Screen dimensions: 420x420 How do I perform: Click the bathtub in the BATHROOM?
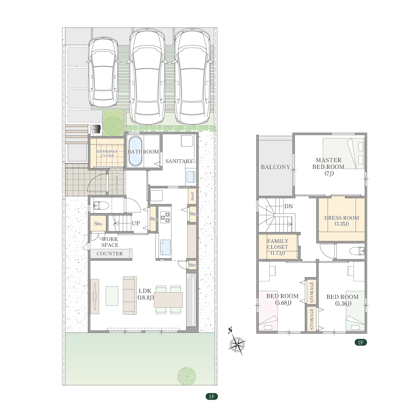click(x=135, y=151)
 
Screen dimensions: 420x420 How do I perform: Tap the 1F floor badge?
click(x=212, y=396)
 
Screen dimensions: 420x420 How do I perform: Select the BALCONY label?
click(x=275, y=167)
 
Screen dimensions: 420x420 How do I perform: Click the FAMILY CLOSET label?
click(x=278, y=247)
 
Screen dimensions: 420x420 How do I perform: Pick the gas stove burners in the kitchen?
click(x=165, y=217)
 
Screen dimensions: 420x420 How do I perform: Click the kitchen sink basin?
click(x=166, y=247)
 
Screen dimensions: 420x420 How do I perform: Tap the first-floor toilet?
click(x=101, y=205)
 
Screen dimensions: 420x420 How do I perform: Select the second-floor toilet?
click(x=357, y=251)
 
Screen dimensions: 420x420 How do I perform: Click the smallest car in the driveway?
click(x=103, y=72)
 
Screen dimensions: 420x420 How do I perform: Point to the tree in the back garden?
click(x=186, y=376)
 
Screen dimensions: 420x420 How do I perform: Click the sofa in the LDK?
click(x=130, y=295)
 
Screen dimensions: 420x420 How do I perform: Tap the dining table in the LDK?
click(x=168, y=300)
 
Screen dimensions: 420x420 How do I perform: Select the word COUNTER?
click(x=110, y=253)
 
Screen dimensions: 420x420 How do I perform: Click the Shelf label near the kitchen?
click(x=192, y=196)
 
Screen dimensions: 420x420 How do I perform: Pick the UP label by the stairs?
click(x=136, y=223)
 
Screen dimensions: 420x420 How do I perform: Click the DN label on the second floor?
click(x=288, y=206)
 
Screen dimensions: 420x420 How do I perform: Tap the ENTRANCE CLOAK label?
click(x=107, y=153)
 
